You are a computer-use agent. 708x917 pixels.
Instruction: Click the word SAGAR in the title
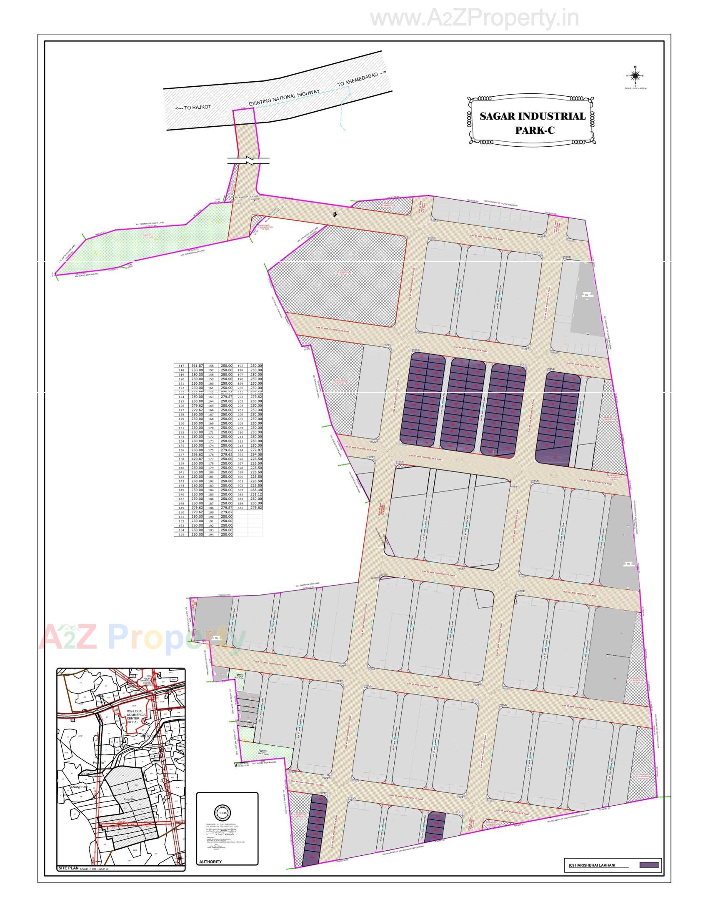[x=498, y=116]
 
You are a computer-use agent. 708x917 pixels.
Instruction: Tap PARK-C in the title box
[x=534, y=130]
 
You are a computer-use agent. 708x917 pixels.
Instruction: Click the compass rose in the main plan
[x=635, y=75]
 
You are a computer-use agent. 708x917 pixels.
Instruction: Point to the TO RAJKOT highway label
[x=193, y=108]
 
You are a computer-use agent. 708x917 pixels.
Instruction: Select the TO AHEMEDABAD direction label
[x=361, y=79]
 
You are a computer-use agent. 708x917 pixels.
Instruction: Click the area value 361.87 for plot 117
[x=197, y=366]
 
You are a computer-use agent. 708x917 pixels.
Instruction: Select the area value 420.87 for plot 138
[x=197, y=459]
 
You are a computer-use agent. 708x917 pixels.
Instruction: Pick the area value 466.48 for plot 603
[x=255, y=490]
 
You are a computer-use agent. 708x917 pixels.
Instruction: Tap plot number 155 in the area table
[x=181, y=534]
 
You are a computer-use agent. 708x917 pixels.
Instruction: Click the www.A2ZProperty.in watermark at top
[x=475, y=18]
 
